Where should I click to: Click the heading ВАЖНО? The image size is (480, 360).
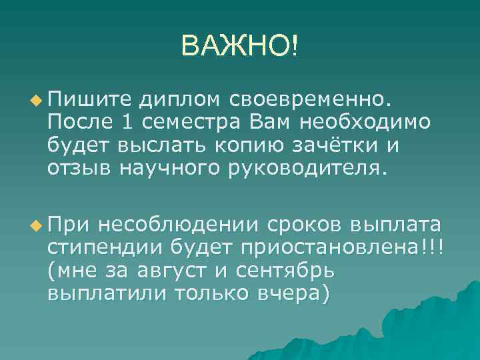(x=240, y=46)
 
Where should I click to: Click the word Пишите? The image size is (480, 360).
(x=89, y=101)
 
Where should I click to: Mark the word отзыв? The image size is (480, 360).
(x=79, y=167)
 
